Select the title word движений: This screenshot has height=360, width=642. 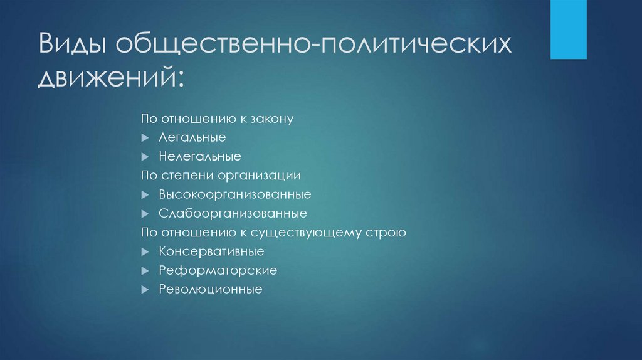pyautogui.click(x=112, y=80)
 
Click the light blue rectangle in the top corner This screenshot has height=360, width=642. pyautogui.click(x=569, y=29)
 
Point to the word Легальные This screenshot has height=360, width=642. pyautogui.click(x=192, y=137)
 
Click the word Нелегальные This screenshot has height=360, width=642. pyautogui.click(x=200, y=156)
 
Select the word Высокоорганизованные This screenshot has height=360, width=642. pyautogui.click(x=235, y=194)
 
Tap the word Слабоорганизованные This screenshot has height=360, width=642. pyautogui.click(x=233, y=213)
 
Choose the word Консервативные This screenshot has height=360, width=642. pyautogui.click(x=211, y=251)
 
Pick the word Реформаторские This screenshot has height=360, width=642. pyautogui.click(x=218, y=270)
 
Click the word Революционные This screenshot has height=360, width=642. pyautogui.click(x=210, y=290)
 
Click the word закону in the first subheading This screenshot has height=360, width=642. pyautogui.click(x=272, y=119)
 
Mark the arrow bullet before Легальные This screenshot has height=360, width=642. pyautogui.click(x=145, y=137)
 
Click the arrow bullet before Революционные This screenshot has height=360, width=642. pyautogui.click(x=145, y=290)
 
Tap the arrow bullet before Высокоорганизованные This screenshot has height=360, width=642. pyautogui.click(x=145, y=194)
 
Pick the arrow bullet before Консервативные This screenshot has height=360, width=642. pyautogui.click(x=145, y=251)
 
